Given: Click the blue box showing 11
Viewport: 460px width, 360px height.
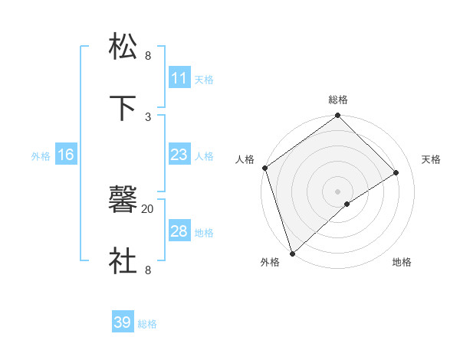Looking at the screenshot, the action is [179, 78].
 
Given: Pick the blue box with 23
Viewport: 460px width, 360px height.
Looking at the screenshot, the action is [179, 155].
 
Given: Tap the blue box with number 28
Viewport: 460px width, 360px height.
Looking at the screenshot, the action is [179, 231].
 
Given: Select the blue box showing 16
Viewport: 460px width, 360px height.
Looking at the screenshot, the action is [66, 155].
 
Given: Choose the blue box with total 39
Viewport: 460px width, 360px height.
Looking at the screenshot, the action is [123, 322].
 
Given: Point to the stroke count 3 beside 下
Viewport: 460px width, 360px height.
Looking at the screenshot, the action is [148, 116].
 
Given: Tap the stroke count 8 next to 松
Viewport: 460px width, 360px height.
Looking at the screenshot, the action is [148, 56].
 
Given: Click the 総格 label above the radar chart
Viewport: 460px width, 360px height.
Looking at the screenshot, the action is [338, 100].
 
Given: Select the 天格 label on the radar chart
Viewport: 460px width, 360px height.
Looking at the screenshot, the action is [431, 159].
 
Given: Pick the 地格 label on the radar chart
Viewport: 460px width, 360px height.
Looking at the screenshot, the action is [402, 262].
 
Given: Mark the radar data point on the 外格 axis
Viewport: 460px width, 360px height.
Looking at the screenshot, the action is [291, 253].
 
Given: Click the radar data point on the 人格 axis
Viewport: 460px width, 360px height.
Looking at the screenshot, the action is [264, 168].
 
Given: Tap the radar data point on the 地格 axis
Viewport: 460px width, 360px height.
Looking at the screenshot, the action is [347, 204].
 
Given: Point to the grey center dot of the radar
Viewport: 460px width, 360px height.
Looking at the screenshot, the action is [337, 191].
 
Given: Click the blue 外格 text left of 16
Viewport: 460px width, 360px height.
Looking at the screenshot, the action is [41, 156].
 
